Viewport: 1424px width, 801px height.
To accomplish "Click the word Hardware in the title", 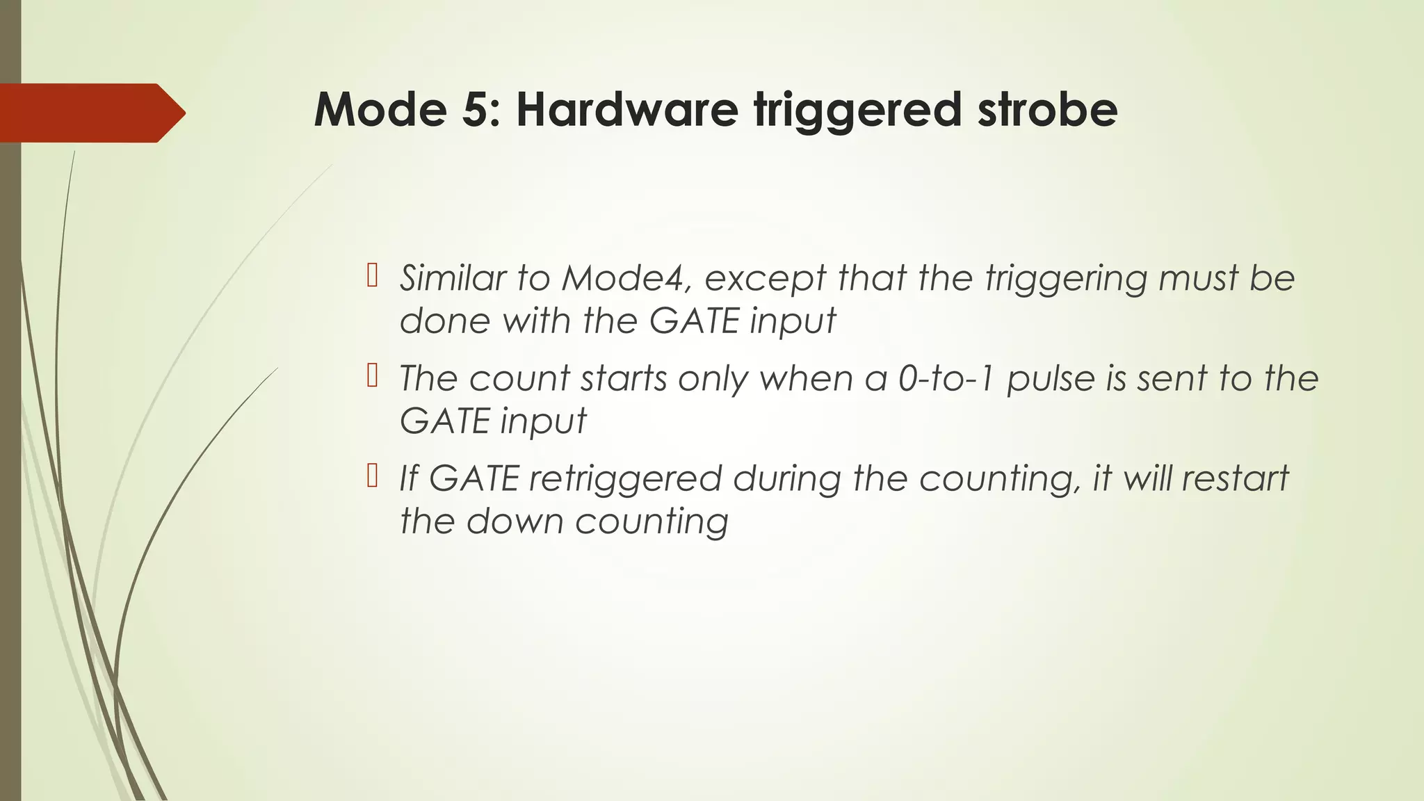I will pos(626,110).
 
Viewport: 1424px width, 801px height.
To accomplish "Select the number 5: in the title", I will pos(480,110).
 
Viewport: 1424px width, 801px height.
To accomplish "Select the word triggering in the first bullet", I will pos(1065,280).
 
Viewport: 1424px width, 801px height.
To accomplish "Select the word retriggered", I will pos(625,480).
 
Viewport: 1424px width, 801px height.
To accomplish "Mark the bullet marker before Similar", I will pos(371,277).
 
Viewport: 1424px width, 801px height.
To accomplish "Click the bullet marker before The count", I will pos(371,377).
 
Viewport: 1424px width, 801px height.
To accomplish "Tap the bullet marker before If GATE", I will pos(371,477).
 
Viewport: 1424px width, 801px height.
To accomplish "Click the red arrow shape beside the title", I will pos(90,113).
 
